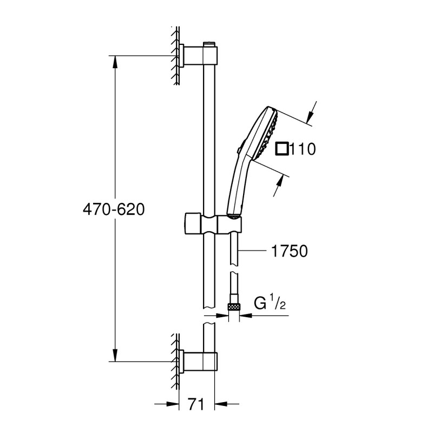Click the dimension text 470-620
point(114,208)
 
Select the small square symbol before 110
point(281,148)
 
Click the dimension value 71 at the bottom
point(196,404)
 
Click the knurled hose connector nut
point(234,307)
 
